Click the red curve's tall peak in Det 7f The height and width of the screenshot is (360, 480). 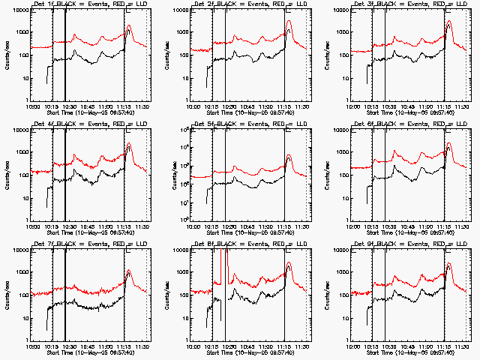tap(128, 269)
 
